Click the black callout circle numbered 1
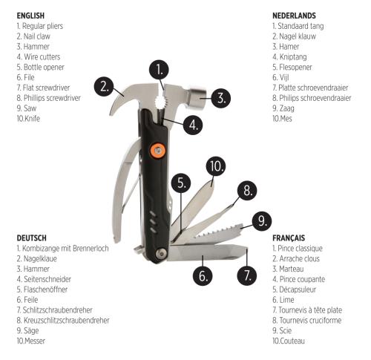tap(159, 70)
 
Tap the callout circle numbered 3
tap(221, 98)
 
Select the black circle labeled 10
tap(216, 166)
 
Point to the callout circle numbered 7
tap(247, 275)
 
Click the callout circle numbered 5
tap(181, 183)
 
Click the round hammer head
tap(197, 97)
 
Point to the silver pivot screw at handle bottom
tap(161, 254)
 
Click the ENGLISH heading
tap(30, 16)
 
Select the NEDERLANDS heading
tap(294, 16)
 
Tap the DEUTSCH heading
tap(31, 238)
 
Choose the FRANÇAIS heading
tap(289, 238)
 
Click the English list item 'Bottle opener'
tap(44, 67)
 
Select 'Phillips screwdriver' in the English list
tap(52, 98)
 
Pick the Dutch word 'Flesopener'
tap(295, 67)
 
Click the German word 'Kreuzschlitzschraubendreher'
tap(66, 321)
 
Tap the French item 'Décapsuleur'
tap(298, 289)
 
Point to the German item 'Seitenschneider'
tap(47, 279)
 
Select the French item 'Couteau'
tap(292, 341)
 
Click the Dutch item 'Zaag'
tap(286, 108)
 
